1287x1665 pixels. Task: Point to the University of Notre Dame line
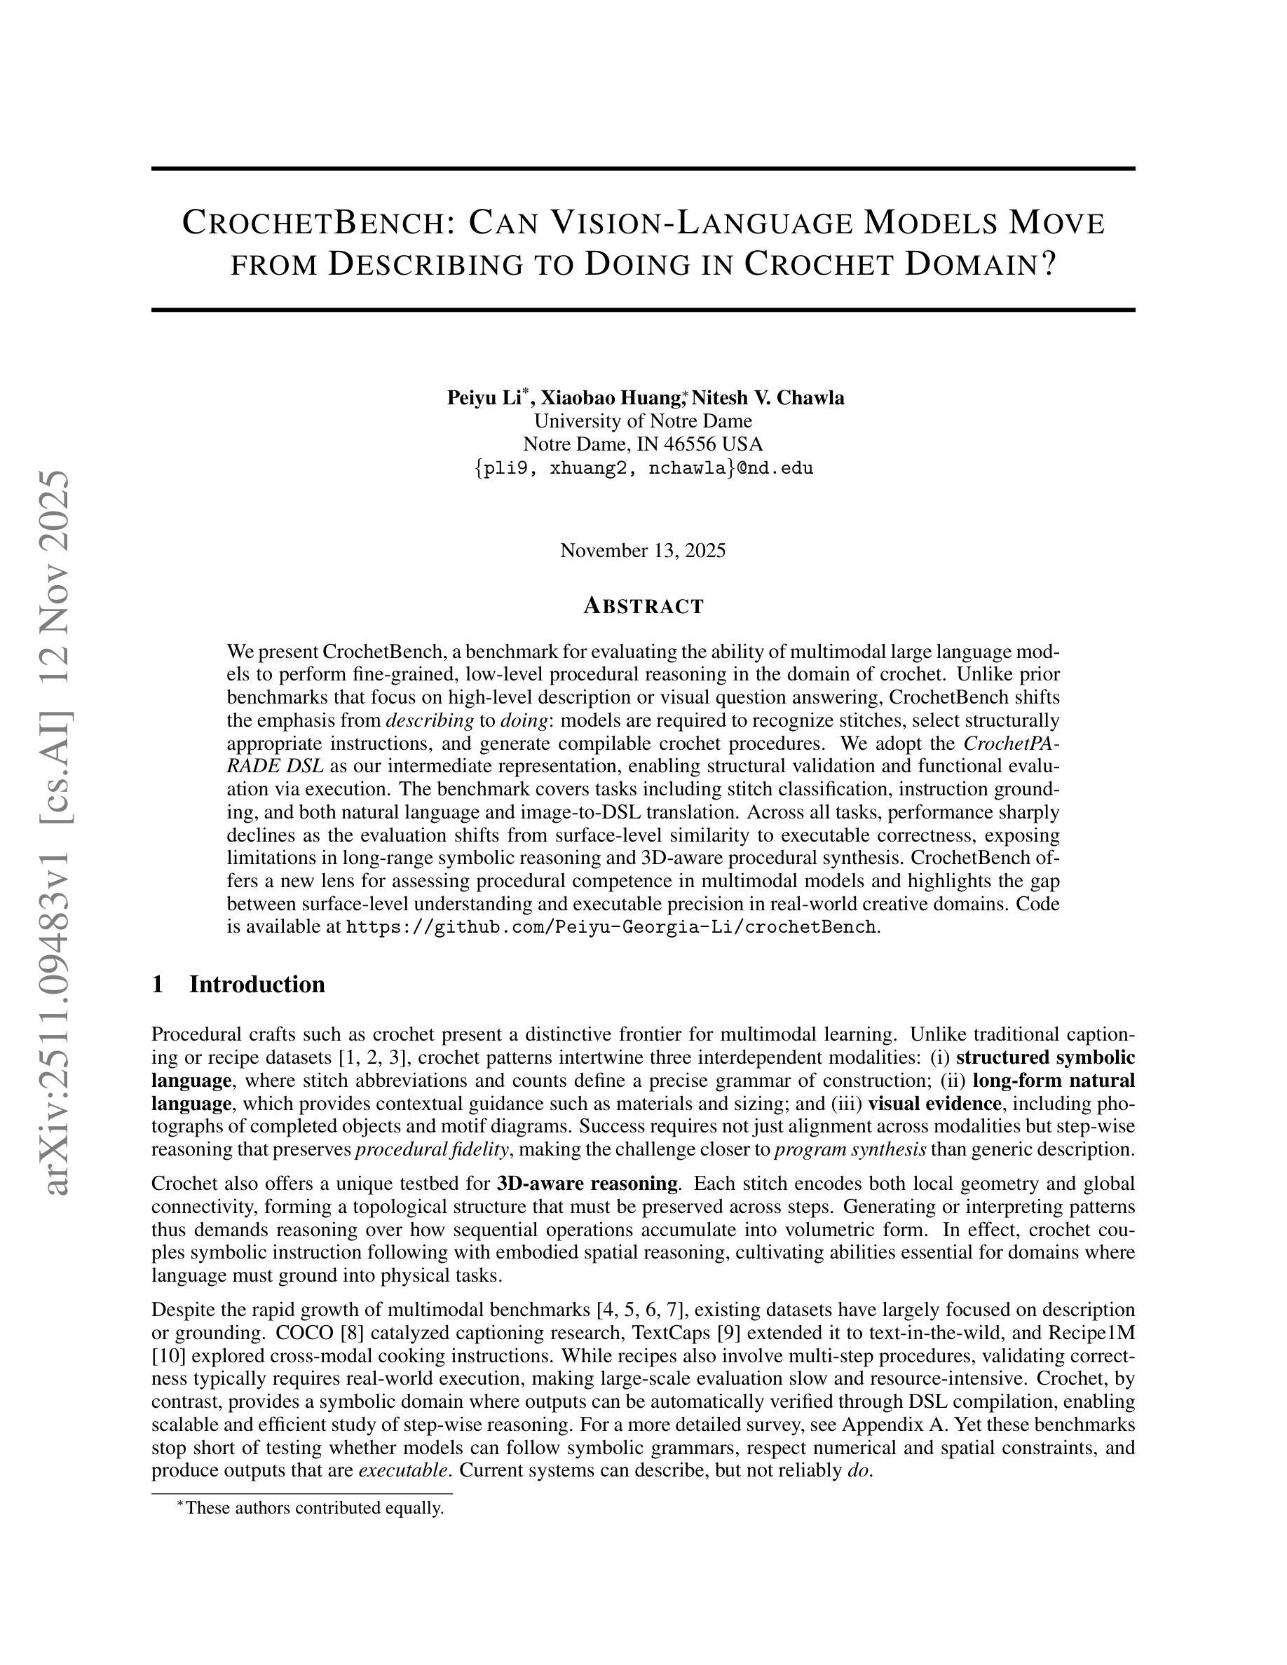(643, 421)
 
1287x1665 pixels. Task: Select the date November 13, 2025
(643, 550)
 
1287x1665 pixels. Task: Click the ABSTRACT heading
(643, 607)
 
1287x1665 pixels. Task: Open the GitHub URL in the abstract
(610, 927)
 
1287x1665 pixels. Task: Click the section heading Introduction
(257, 984)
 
